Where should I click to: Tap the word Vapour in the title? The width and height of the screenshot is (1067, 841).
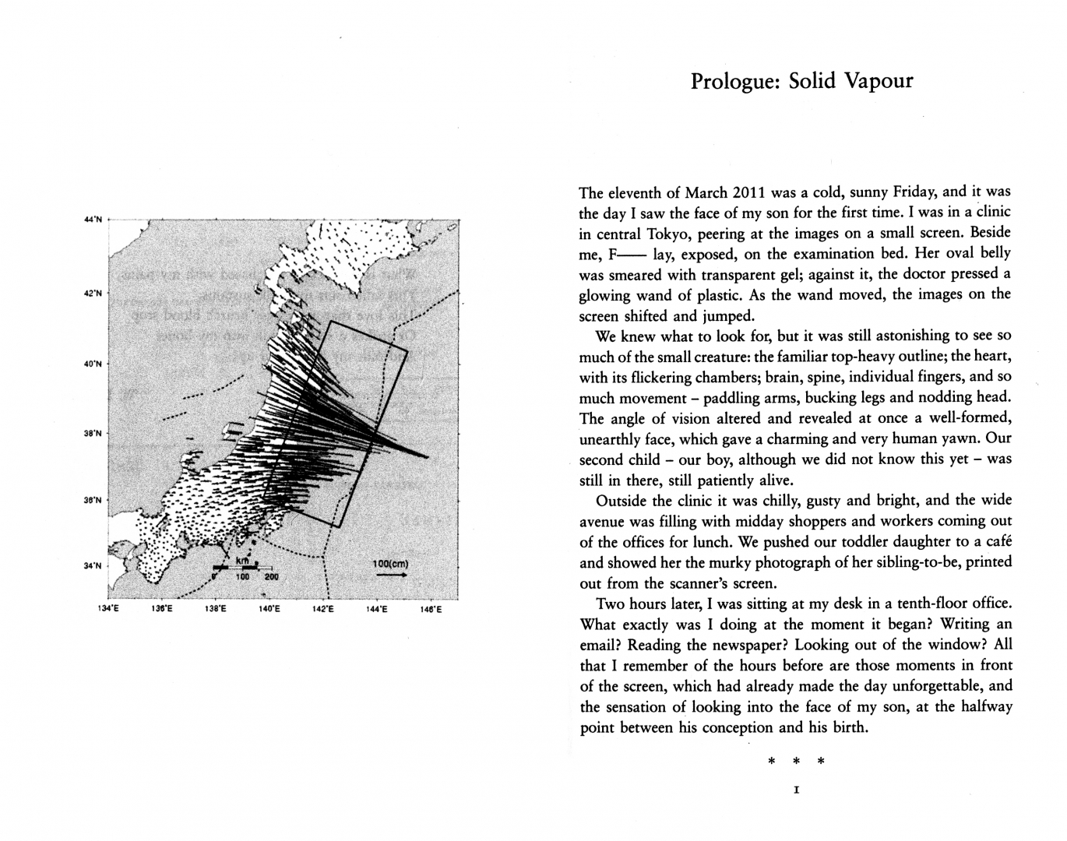pos(876,81)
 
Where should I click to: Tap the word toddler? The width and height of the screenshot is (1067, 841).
pos(738,541)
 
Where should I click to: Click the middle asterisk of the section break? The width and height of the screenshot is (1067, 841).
pos(796,761)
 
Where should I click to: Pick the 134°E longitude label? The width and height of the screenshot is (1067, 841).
pos(108,610)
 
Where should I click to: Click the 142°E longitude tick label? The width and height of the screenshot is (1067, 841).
pos(322,610)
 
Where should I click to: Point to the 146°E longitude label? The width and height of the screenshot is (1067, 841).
pos(431,610)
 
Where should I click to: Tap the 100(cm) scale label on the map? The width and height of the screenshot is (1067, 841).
pos(390,564)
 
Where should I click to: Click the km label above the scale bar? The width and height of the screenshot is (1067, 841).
pos(242,561)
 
